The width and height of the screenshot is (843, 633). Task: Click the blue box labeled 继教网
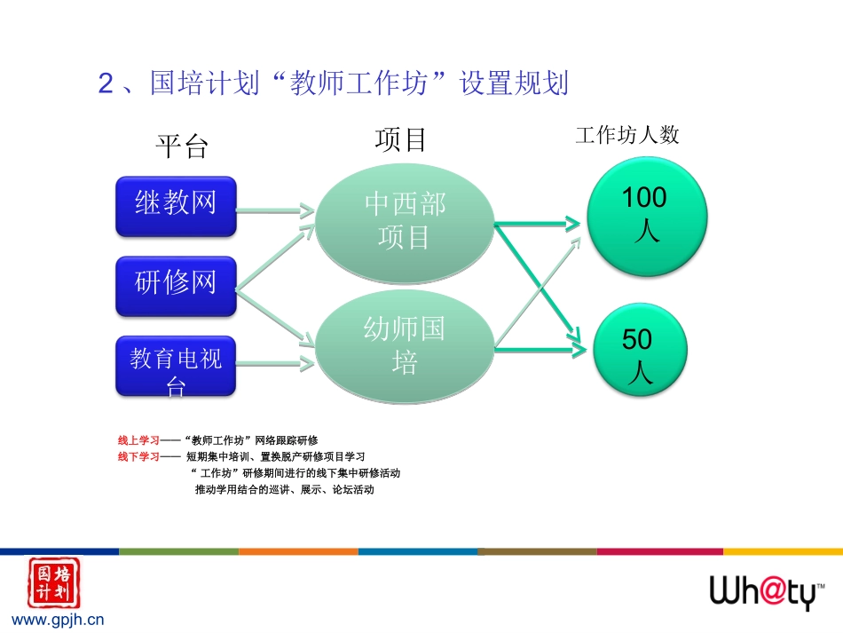(x=176, y=205)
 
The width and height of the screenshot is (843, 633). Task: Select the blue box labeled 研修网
(x=176, y=285)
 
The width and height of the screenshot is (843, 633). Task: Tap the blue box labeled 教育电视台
(x=176, y=366)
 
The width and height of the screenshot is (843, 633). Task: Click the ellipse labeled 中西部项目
(x=405, y=222)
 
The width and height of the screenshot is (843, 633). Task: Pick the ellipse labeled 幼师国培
(x=405, y=346)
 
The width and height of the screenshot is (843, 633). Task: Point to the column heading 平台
(x=182, y=146)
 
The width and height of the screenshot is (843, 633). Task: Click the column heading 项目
(x=401, y=139)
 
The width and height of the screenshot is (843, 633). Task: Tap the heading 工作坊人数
(x=626, y=135)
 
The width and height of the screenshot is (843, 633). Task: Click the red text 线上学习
(x=138, y=440)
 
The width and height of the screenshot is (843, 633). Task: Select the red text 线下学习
(x=138, y=456)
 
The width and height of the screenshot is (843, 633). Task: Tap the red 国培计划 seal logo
(x=53, y=582)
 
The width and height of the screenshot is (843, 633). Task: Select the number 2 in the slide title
(x=106, y=85)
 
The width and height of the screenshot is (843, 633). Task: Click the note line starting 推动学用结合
(x=284, y=489)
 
